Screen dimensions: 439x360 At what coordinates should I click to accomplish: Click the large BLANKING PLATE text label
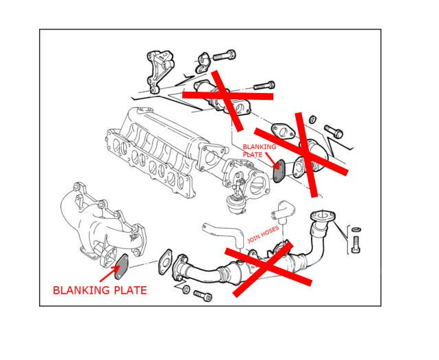coord(100,290)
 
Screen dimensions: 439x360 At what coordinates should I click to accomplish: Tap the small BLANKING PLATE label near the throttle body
coord(259,151)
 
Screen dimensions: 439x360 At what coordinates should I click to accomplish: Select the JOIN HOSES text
coord(263,234)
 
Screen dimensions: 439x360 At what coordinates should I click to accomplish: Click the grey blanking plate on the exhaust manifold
coord(121,266)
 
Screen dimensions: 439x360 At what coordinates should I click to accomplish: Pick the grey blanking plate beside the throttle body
coord(279,171)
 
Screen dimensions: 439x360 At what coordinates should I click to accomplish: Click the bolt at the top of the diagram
coord(224,55)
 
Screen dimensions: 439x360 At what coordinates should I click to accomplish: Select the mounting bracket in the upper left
coord(159,71)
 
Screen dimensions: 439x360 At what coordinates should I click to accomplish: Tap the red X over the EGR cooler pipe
coord(268,268)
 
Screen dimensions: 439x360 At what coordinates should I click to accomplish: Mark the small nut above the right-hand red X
coord(313,119)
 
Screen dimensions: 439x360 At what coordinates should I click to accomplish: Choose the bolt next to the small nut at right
coord(334,131)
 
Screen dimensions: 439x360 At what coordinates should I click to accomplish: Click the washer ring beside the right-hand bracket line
coord(355,229)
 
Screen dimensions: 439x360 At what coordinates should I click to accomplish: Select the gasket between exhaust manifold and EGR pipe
coord(165,262)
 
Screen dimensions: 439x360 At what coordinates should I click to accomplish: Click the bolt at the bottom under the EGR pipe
coord(202,296)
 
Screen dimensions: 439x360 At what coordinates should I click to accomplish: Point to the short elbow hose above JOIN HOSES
coord(281,211)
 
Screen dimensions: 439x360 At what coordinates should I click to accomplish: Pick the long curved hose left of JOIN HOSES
coord(224,233)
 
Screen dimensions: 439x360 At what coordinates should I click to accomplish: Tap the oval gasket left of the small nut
coord(283,131)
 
